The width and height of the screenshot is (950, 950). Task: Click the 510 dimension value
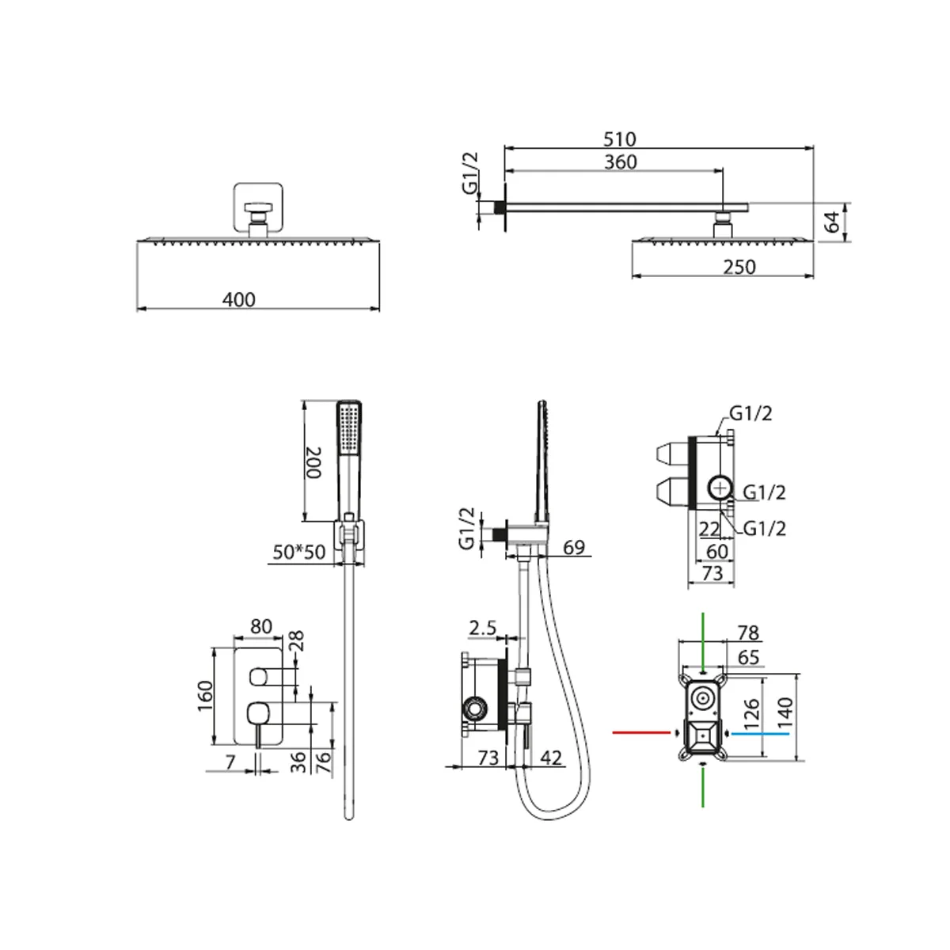pos(619,139)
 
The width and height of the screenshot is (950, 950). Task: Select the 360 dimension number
pos(620,162)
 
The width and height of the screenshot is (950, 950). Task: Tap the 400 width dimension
pos(238,299)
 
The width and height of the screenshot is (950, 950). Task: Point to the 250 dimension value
pos(739,268)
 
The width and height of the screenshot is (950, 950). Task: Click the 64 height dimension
pos(832,222)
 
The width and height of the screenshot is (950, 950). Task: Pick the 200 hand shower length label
pos(313,462)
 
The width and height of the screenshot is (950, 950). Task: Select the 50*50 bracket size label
pos(298,552)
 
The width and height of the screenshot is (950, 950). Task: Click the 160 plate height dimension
pos(205,696)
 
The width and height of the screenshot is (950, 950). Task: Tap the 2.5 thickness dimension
pos(482,628)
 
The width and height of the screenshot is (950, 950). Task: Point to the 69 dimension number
pos(574,547)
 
